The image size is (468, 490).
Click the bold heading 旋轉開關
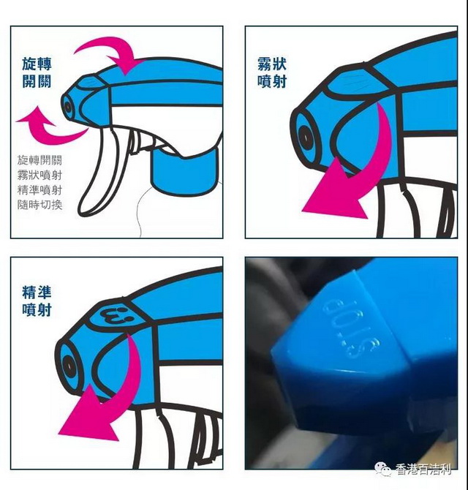(x=37, y=72)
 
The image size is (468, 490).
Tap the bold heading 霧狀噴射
(x=272, y=72)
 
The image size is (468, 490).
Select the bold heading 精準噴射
(x=37, y=301)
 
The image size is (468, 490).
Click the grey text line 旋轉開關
(x=39, y=160)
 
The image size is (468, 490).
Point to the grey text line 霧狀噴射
(x=39, y=175)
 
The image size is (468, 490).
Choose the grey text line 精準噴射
(x=39, y=190)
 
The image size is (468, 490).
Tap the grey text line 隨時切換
(x=39, y=205)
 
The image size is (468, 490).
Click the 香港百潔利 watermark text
(x=423, y=470)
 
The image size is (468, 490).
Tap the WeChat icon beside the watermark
(x=383, y=470)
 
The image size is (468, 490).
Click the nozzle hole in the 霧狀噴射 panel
(x=304, y=137)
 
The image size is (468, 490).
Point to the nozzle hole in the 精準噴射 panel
(x=68, y=366)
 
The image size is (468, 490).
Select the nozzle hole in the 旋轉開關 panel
(x=68, y=107)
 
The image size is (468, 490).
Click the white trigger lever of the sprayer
(x=100, y=175)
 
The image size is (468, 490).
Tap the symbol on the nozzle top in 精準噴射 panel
(x=115, y=316)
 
